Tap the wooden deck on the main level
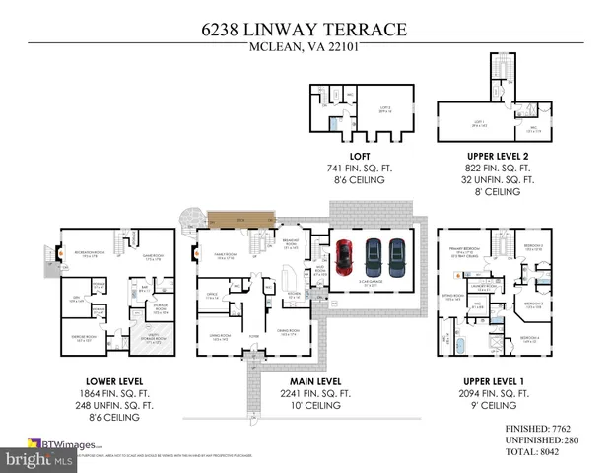239,219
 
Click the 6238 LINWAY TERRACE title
306,30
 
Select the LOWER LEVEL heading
114,380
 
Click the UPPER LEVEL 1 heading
497,380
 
